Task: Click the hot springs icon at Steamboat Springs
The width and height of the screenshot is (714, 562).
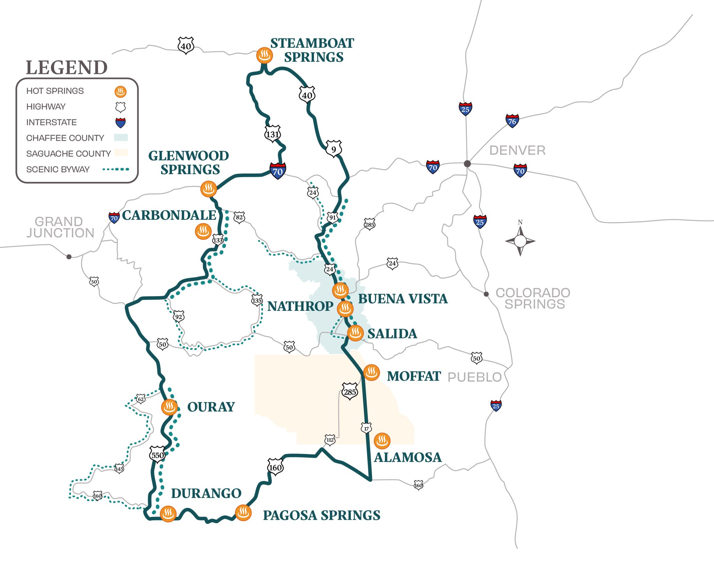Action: tap(264, 55)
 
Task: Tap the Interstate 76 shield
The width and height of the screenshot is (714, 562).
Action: tap(512, 121)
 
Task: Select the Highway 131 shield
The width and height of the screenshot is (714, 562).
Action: tap(272, 134)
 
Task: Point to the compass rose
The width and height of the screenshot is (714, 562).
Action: tap(520, 241)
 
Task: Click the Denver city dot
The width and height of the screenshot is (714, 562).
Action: tap(468, 164)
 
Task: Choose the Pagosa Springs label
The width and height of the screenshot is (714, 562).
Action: tap(321, 515)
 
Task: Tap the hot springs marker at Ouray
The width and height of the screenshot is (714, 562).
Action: tap(169, 407)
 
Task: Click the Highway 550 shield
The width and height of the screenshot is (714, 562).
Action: tap(157, 455)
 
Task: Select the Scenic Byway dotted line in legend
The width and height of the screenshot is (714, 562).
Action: tap(116, 169)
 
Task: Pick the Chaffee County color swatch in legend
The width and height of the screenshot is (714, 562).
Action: tap(121, 138)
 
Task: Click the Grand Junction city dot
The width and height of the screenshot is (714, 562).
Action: tap(69, 257)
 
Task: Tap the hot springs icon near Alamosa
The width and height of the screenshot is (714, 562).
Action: tap(382, 441)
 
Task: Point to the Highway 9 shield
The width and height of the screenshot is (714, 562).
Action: tap(334, 149)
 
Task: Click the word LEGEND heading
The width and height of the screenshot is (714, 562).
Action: tap(67, 68)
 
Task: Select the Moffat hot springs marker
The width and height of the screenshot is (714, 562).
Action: tap(371, 372)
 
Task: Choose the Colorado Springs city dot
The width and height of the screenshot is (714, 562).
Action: tap(486, 294)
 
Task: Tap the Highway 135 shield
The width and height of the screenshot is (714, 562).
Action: tap(257, 300)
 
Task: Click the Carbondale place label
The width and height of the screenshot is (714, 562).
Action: tap(169, 215)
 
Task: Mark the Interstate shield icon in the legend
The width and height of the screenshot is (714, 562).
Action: tap(120, 122)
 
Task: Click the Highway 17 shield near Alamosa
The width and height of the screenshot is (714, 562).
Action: tap(366, 428)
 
